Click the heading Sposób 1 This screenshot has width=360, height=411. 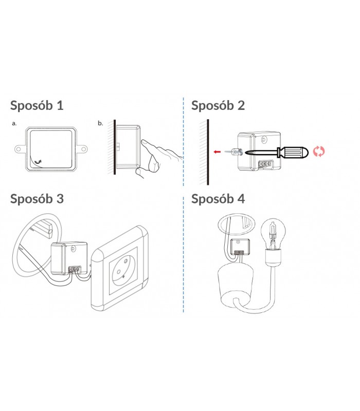point(37,106)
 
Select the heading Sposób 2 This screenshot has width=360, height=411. point(218,106)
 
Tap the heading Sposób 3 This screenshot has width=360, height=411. point(37,199)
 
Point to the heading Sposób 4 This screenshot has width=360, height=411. point(218,199)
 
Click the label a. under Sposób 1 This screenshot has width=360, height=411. point(14,123)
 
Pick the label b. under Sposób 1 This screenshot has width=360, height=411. point(100,123)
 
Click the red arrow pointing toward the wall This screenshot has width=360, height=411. point(217,152)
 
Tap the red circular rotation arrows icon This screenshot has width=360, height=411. point(319,152)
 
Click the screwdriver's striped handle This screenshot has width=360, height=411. point(292,152)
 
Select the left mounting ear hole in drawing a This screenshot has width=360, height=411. point(19,150)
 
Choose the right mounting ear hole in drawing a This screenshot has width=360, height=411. point(83,150)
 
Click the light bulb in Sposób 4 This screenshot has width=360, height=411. point(273,234)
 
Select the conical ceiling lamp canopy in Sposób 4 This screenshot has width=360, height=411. point(235,286)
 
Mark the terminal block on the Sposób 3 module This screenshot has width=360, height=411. point(75,269)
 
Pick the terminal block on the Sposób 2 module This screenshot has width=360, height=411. point(264,164)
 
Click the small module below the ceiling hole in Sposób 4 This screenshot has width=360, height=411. point(240,247)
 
